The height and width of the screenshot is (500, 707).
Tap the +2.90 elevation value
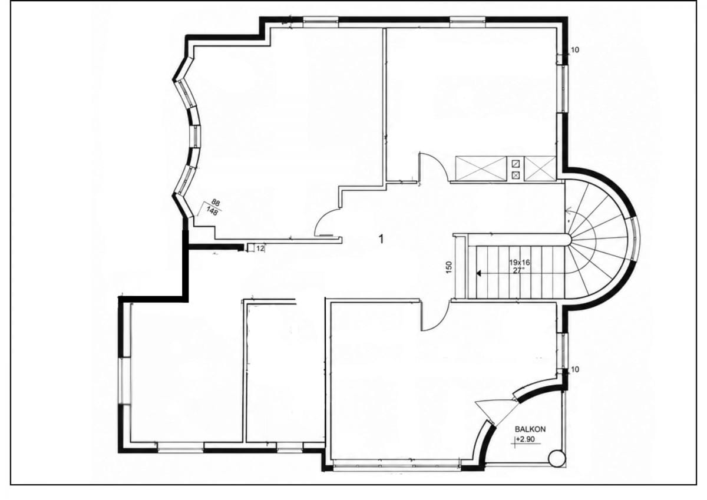click(x=526, y=439)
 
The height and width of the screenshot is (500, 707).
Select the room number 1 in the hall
click(x=381, y=239)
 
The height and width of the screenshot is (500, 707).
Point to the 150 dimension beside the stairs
click(x=449, y=267)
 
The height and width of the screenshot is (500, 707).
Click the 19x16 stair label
click(x=520, y=262)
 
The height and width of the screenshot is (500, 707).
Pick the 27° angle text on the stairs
click(x=518, y=270)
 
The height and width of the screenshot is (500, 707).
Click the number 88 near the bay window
click(x=216, y=202)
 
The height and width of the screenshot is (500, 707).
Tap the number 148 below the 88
click(x=212, y=210)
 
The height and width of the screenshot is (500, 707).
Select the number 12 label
click(x=260, y=249)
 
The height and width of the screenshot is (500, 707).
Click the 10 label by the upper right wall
click(x=575, y=50)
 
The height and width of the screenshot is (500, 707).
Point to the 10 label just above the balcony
click(x=575, y=369)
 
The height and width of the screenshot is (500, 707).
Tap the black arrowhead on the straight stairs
click(x=478, y=273)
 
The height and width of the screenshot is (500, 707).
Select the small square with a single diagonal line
click(x=516, y=164)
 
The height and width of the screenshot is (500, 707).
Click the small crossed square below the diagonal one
click(x=516, y=174)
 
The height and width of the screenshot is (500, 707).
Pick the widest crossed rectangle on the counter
click(x=481, y=169)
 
